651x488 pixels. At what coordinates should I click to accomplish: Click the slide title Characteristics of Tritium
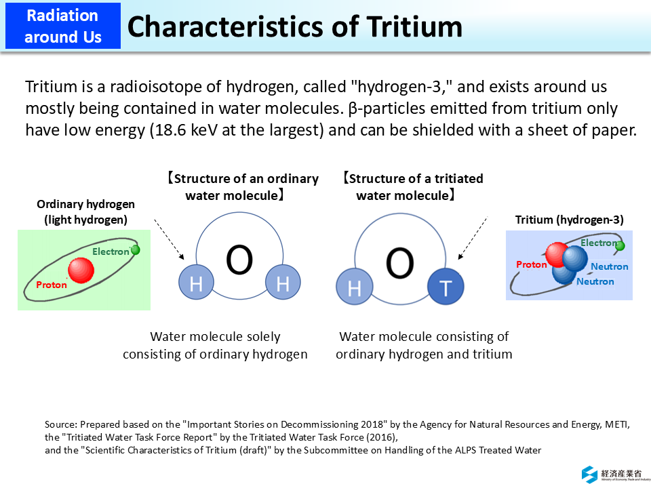pyautogui.click(x=294, y=26)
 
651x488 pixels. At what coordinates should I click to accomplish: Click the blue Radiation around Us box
pyautogui.click(x=62, y=26)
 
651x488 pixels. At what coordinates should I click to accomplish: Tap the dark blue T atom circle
pyautogui.click(x=446, y=287)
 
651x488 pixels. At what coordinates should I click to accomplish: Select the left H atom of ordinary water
pyautogui.click(x=196, y=283)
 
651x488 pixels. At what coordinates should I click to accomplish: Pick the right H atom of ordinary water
pyautogui.click(x=282, y=283)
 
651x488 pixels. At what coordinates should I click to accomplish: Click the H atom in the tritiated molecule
pyautogui.click(x=354, y=287)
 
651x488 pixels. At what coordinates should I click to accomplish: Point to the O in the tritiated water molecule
pyautogui.click(x=399, y=263)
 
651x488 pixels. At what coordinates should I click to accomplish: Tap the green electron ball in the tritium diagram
pyautogui.click(x=620, y=245)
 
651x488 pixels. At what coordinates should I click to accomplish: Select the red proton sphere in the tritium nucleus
pyautogui.click(x=557, y=254)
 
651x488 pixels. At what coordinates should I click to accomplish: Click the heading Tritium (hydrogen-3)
pyautogui.click(x=569, y=219)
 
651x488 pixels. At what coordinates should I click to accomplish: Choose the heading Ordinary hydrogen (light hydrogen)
pyautogui.click(x=85, y=211)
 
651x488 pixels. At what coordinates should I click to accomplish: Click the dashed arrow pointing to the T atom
pyautogui.click(x=473, y=237)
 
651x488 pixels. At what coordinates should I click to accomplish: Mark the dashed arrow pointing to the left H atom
pyautogui.click(x=169, y=239)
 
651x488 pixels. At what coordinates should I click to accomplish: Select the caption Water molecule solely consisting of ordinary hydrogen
pyautogui.click(x=215, y=345)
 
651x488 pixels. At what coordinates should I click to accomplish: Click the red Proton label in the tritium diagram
pyautogui.click(x=531, y=264)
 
